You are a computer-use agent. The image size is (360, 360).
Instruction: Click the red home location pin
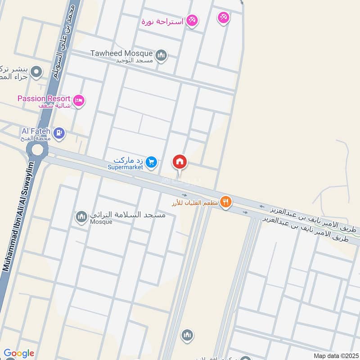(180, 162)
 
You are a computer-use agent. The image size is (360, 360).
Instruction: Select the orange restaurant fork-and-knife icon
(226, 202)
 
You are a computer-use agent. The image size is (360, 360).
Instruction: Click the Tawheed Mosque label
(121, 53)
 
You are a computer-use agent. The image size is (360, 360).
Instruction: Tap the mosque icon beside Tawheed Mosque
(161, 56)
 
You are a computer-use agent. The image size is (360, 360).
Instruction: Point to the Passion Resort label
(44, 99)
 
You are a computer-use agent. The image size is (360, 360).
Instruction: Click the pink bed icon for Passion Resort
(79, 100)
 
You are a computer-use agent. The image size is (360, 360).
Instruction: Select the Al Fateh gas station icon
(59, 133)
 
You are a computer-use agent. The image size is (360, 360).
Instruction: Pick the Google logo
(19, 353)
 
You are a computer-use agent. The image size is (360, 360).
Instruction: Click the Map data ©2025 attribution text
(335, 355)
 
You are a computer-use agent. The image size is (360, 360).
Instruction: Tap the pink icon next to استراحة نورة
(192, 21)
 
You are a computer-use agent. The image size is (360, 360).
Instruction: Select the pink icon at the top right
(223, 18)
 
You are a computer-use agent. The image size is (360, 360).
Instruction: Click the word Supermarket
(125, 167)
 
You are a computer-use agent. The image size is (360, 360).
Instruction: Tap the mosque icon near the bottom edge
(187, 335)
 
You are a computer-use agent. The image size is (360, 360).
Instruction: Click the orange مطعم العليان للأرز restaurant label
(196, 202)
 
